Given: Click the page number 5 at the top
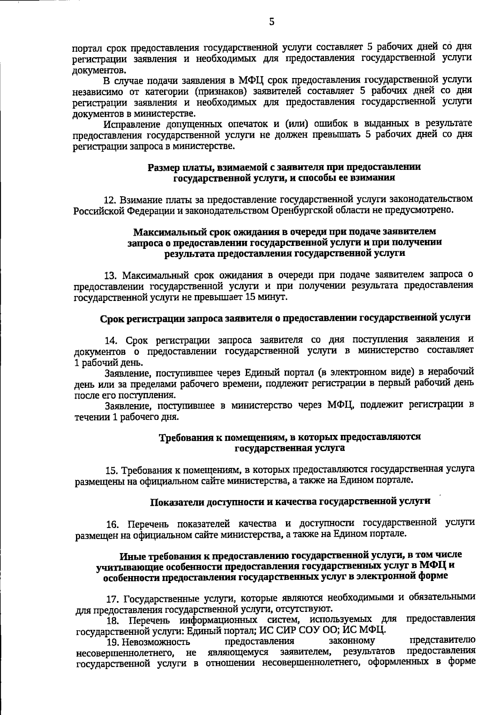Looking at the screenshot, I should [x=271, y=22].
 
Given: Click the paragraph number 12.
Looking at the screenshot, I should [x=109, y=200].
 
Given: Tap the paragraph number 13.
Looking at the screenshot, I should [x=110, y=276].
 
